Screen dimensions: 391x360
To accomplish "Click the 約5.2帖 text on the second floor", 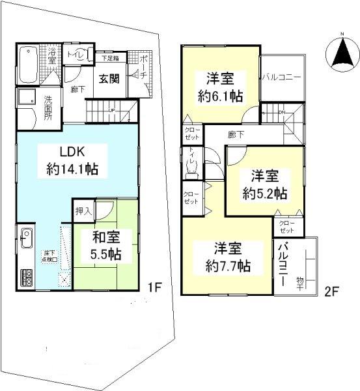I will tap(264, 193).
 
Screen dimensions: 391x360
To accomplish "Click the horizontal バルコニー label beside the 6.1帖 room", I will tap(282, 76).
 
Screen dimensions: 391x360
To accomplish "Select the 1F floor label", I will tap(154, 286).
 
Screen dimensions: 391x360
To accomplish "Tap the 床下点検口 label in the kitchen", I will tap(49, 255).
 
